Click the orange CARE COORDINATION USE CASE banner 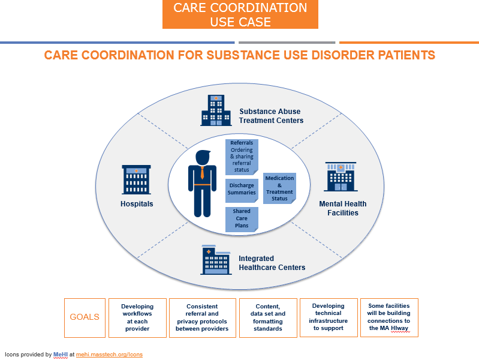(240, 15)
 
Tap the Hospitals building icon (136, 179)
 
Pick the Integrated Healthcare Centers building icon (216, 260)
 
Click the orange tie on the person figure (202, 173)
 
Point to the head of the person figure (202, 157)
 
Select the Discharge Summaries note (242, 189)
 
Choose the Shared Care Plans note (242, 219)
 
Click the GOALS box (85, 317)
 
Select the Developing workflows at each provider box (137, 317)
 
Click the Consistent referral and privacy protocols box (203, 317)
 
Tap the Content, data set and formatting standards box (267, 317)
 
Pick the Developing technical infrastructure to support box (329, 317)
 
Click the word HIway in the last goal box (399, 328)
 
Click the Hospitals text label (137, 204)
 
